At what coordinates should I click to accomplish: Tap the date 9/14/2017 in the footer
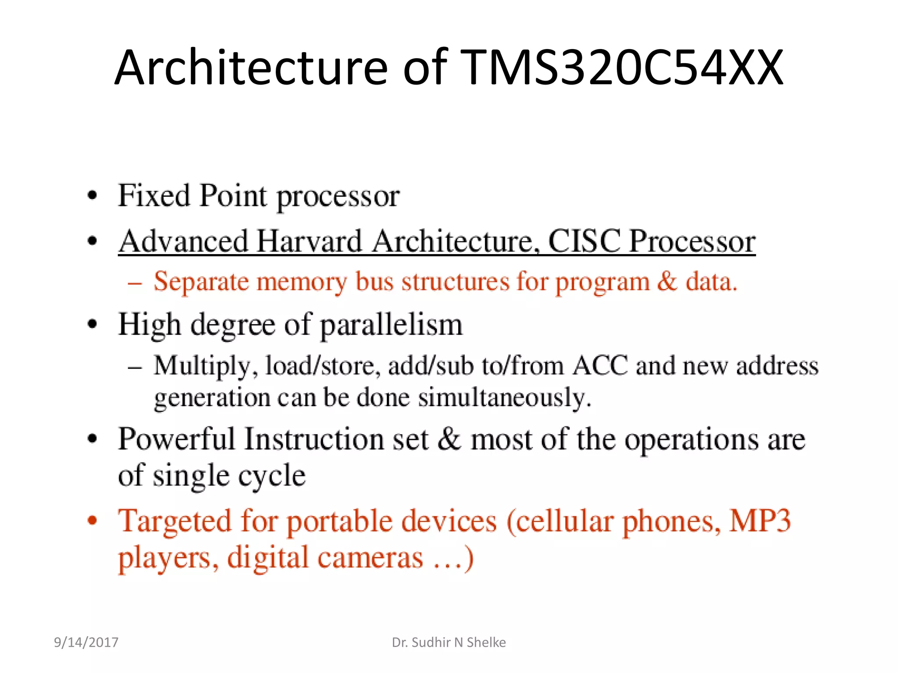click(86, 642)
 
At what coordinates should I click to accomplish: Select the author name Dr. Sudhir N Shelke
click(449, 642)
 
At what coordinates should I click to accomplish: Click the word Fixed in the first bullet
click(154, 195)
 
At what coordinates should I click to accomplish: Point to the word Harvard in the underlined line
click(309, 241)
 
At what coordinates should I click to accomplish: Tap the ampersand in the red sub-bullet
click(667, 281)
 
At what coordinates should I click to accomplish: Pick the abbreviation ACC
click(600, 365)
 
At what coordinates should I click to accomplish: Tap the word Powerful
click(177, 439)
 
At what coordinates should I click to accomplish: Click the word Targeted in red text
click(175, 521)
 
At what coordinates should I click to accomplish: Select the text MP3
click(760, 521)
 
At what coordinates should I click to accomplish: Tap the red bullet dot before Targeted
click(92, 521)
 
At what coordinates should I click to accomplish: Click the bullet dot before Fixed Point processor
click(92, 195)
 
